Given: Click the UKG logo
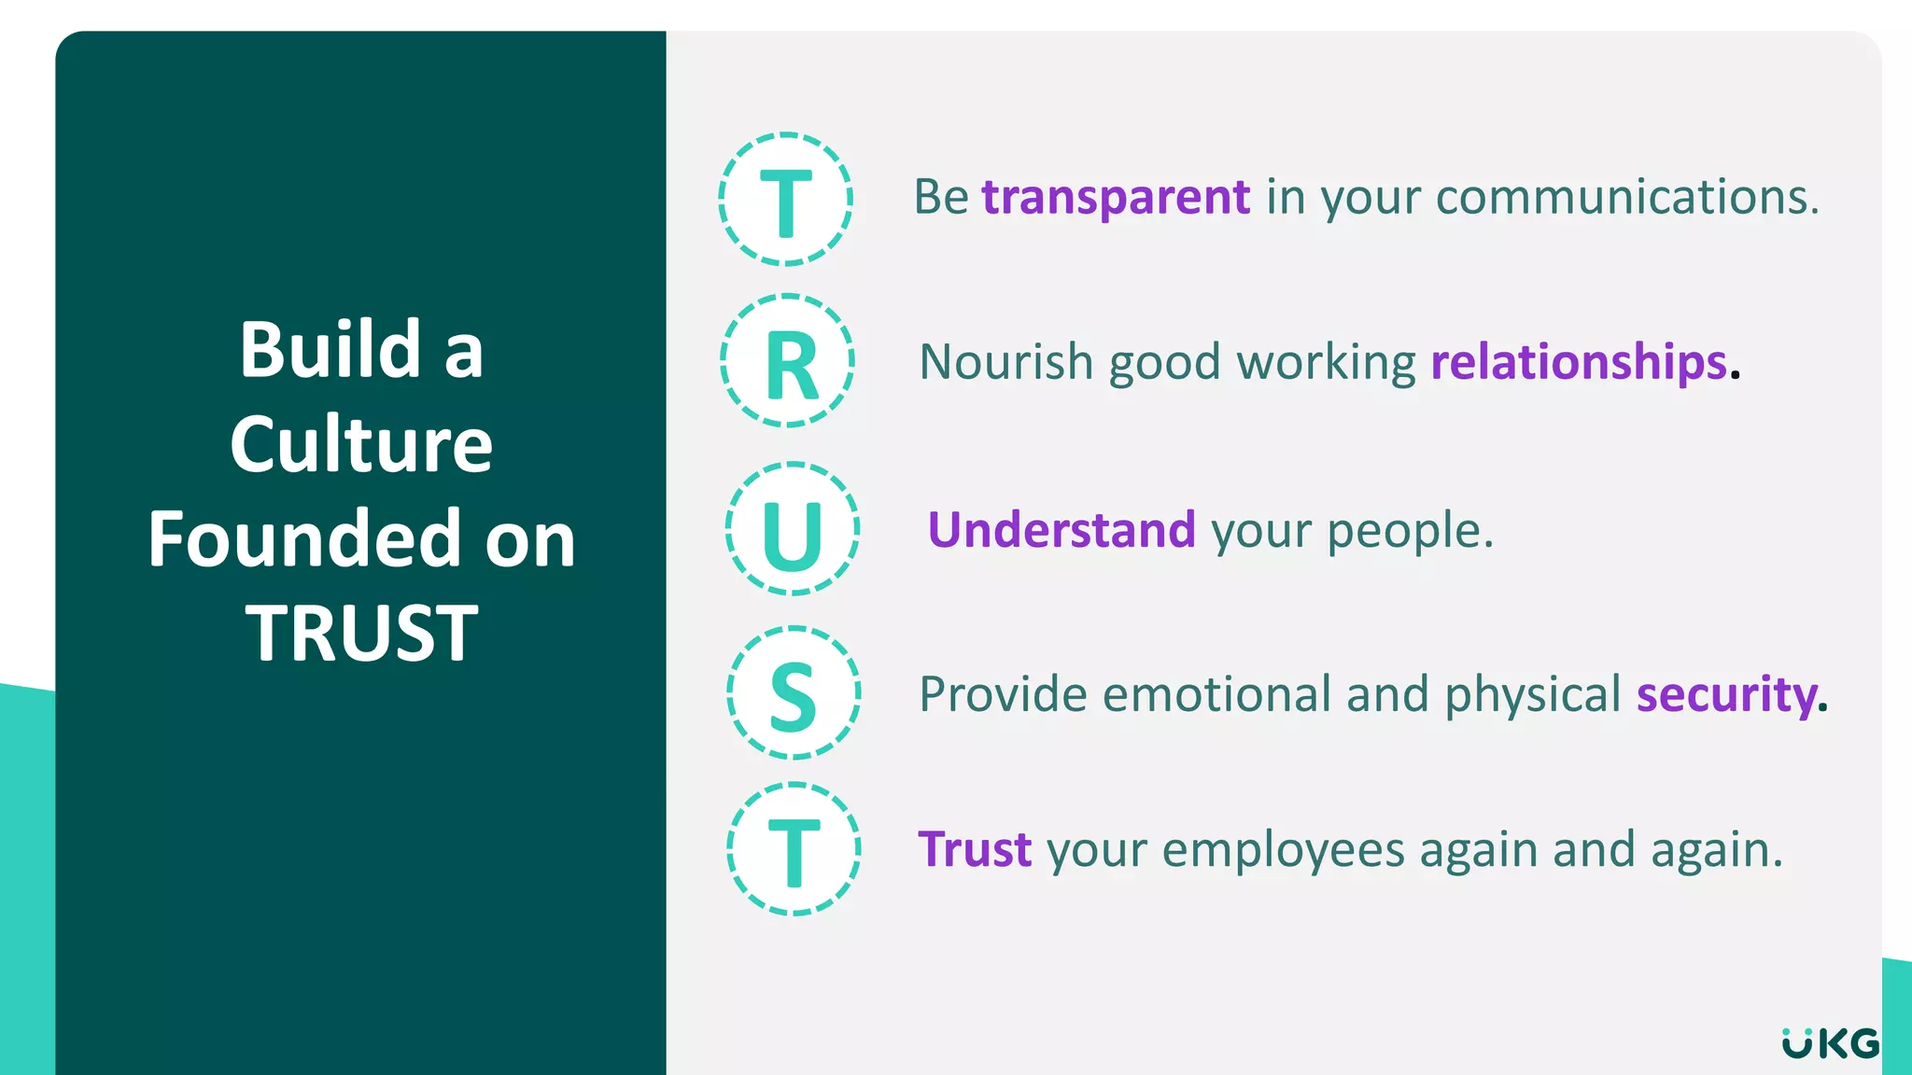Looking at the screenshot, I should (1830, 1042).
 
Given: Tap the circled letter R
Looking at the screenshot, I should (789, 362).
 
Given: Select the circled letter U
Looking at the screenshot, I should (793, 530).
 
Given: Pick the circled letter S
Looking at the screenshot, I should (794, 693).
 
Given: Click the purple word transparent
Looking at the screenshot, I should (1116, 197).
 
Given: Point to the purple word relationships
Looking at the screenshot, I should (1579, 362).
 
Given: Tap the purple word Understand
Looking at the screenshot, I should (1061, 530).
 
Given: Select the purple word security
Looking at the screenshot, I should (1727, 694).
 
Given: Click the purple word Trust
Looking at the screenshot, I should (975, 850).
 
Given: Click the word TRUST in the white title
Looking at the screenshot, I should (362, 634).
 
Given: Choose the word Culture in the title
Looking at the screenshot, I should (361, 444).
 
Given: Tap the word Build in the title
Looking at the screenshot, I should (330, 350).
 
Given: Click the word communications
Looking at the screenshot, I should (1627, 197).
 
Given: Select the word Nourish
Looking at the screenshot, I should (1006, 362).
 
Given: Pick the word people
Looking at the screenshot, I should (1410, 531).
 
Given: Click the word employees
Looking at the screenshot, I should (1283, 850).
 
